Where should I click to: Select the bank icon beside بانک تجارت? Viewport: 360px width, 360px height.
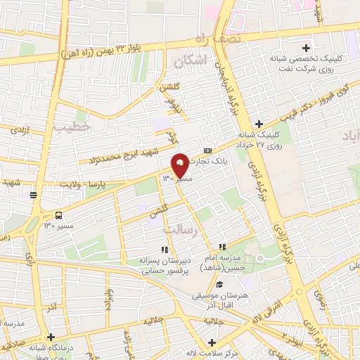point(207,150)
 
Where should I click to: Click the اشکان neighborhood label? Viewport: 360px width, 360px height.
point(194,62)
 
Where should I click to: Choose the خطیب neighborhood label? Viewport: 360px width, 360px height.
point(72,125)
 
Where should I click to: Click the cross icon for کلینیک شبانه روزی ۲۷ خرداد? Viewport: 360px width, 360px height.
point(259,124)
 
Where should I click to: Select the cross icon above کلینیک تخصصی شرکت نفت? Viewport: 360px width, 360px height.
point(305,39)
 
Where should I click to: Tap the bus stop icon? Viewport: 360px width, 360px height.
point(59,216)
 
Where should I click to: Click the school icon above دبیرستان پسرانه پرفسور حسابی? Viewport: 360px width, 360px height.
point(165,249)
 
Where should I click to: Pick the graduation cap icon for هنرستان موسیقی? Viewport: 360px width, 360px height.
point(219,284)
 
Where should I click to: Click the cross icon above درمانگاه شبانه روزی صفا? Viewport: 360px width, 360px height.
point(51,337)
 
